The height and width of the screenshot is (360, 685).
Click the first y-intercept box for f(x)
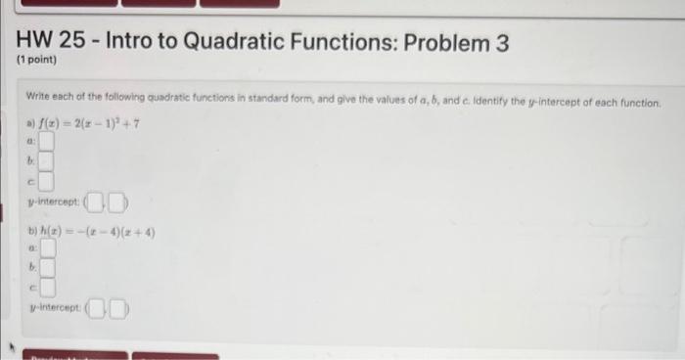tap(98, 204)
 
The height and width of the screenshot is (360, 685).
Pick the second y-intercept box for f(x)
tap(118, 204)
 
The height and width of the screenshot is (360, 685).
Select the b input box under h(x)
tap(46, 268)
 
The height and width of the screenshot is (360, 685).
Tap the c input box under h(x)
tap(46, 288)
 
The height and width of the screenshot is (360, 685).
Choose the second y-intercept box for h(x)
tap(118, 313)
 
